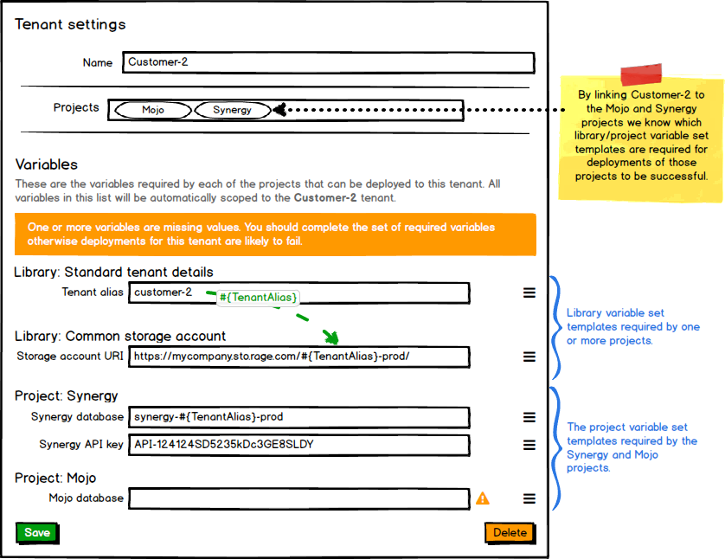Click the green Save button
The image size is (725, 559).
point(36,532)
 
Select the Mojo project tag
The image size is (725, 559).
point(153,110)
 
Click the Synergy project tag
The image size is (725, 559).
point(232,110)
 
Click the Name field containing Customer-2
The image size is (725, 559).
point(328,62)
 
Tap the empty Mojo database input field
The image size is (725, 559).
point(299,498)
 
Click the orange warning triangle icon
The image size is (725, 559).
point(483,498)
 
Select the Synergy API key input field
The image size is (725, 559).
point(299,445)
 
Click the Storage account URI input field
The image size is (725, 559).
point(299,356)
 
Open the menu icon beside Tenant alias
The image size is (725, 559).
point(529,292)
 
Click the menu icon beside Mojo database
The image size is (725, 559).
point(529,498)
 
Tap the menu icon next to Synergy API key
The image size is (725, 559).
point(529,445)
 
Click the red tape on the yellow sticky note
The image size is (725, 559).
point(641,73)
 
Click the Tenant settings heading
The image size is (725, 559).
point(70,24)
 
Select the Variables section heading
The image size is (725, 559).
point(47,164)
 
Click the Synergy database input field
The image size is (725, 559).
point(299,417)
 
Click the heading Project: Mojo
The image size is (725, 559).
point(55,478)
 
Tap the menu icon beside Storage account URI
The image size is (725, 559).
point(529,356)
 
